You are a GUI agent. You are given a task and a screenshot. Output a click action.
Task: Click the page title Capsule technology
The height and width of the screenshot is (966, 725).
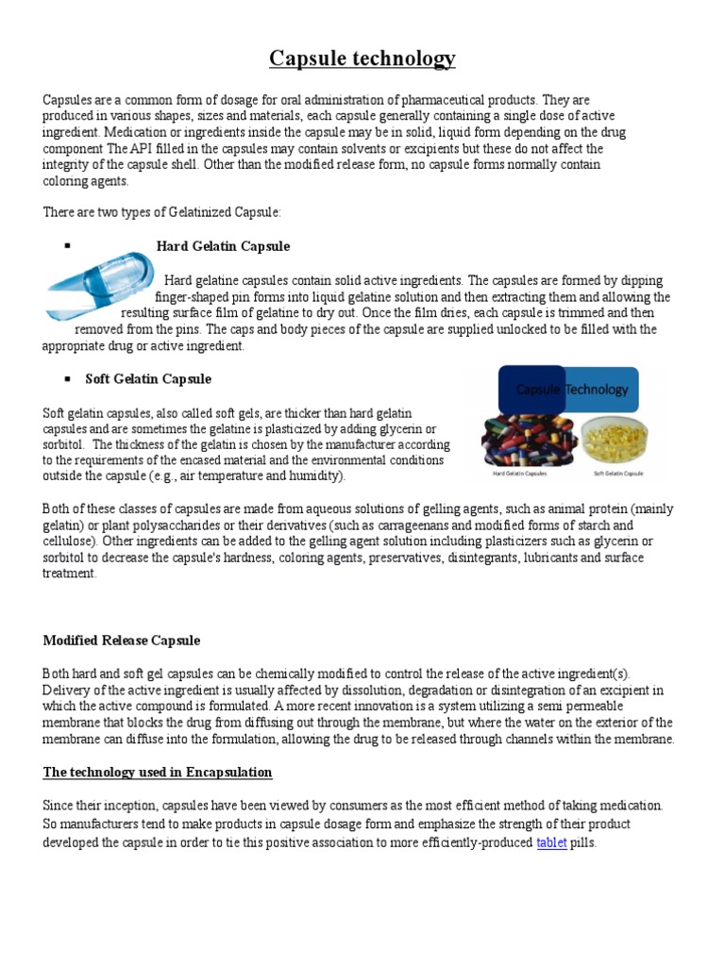pos(362,59)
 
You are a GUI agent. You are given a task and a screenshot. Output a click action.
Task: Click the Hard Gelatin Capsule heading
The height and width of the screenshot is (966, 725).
pos(223,246)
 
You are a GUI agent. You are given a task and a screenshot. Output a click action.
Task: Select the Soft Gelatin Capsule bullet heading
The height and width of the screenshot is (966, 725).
pos(148,379)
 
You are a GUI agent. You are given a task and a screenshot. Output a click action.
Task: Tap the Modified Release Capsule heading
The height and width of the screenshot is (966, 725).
pos(122,641)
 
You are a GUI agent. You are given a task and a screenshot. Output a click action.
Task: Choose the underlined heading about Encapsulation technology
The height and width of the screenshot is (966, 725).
pos(158,773)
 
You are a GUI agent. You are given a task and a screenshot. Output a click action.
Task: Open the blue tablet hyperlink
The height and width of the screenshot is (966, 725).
pos(551,842)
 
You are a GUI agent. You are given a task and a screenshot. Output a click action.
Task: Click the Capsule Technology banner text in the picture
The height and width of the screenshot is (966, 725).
pos(571,389)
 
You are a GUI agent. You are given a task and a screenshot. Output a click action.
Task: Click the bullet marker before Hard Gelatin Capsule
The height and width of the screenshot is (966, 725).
pos(68,245)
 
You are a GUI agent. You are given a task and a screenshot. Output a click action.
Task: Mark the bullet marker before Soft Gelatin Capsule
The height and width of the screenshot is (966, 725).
pos(68,378)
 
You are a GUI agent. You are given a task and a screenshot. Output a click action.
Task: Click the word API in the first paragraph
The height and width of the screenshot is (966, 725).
pos(145,149)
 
